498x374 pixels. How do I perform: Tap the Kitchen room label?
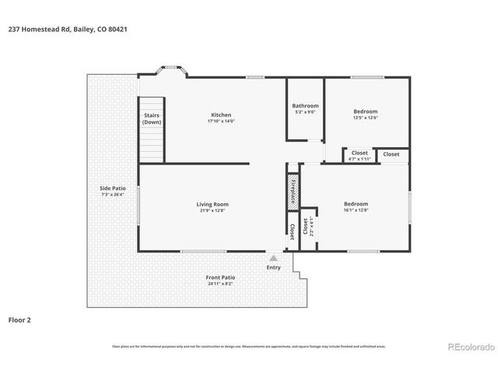click(220, 115)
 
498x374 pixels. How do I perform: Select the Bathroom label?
click(305, 105)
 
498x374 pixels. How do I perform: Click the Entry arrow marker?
click(273, 257)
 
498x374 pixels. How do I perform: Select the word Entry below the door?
click(273, 267)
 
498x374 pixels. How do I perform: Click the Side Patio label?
click(113, 188)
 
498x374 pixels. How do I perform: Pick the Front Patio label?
click(220, 277)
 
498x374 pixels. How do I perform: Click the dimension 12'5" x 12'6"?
click(366, 118)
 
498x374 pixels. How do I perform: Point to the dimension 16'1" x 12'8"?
click(355, 210)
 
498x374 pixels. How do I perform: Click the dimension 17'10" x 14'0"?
click(220, 121)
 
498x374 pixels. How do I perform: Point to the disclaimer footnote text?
click(249, 346)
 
